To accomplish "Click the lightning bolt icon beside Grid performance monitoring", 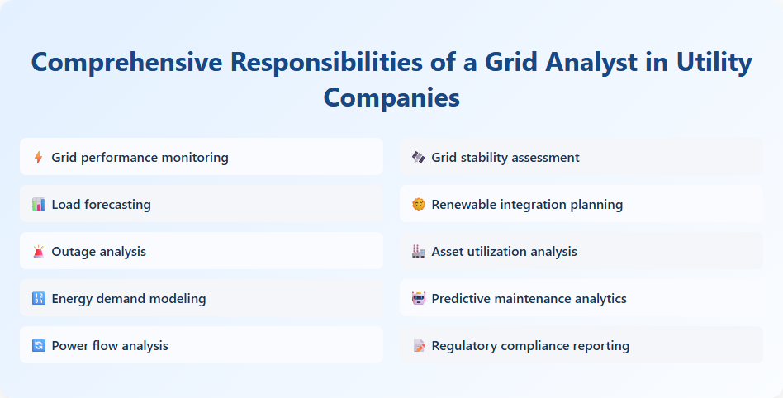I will coord(38,157).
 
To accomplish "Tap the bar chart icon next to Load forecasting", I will coord(38,204).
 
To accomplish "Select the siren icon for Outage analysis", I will coord(38,251).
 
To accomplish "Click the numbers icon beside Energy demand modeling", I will coord(38,298).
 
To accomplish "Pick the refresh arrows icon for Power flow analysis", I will coord(38,345).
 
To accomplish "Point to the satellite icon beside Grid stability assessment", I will coord(418,157).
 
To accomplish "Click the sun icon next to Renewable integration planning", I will coord(418,204).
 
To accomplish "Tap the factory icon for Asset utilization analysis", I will coord(418,251).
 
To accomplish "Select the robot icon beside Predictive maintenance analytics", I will coord(418,298).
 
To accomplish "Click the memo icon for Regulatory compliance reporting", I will coord(418,345).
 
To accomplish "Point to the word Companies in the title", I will coord(391,97).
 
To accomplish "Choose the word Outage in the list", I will coord(73,251).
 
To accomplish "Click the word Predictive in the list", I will coord(463,298).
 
